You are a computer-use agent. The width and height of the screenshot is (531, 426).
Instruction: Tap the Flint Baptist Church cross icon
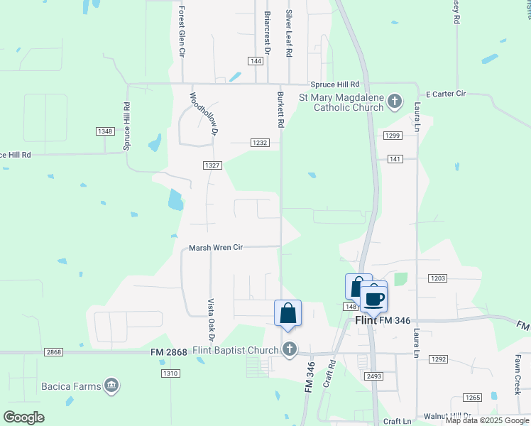tap(288, 349)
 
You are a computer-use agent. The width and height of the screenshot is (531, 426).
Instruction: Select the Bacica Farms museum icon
tap(111, 386)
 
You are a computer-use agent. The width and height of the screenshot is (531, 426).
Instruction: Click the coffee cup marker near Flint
tap(374, 298)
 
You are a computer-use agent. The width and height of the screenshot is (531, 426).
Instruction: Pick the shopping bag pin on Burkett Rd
tap(288, 313)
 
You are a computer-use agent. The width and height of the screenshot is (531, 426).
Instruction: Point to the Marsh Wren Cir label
tap(216, 248)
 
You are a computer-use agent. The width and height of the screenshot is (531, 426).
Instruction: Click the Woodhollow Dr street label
tap(202, 112)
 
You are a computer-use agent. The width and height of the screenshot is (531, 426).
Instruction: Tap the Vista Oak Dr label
tap(211, 319)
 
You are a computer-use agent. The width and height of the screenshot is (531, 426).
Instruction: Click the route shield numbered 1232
tap(260, 143)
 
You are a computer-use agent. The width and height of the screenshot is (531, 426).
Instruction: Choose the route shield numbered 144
tap(256, 61)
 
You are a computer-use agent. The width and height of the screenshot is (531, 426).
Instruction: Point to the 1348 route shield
tap(105, 131)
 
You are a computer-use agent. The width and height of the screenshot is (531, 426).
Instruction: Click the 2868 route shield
tap(55, 352)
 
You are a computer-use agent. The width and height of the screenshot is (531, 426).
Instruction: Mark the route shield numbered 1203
tap(437, 279)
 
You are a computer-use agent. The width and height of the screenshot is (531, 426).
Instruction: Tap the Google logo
tap(23, 417)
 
